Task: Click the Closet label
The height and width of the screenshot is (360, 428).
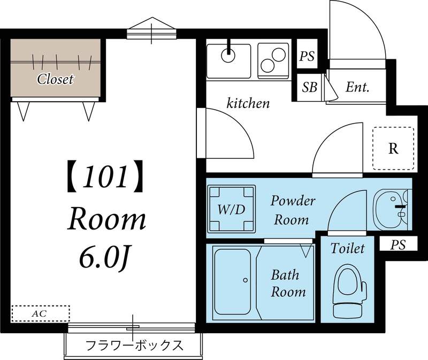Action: click(x=55, y=80)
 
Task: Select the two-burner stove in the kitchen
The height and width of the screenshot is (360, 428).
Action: click(x=274, y=59)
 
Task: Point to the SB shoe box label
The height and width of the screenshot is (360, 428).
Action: click(x=309, y=88)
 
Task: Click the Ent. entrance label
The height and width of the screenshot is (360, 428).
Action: click(x=357, y=87)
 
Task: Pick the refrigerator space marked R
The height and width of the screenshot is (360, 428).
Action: click(x=393, y=148)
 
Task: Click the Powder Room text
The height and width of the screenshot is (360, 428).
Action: click(x=293, y=210)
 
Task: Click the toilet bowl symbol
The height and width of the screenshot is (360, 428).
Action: click(x=350, y=291)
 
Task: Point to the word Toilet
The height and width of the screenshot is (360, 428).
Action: click(x=347, y=248)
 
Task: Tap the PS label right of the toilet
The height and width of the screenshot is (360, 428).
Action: click(x=397, y=245)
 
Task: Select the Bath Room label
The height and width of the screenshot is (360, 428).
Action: click(x=288, y=284)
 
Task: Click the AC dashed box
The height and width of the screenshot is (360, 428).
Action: click(x=41, y=313)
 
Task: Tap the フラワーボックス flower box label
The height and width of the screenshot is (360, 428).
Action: click(x=134, y=345)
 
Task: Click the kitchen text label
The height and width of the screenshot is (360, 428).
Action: click(x=248, y=103)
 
